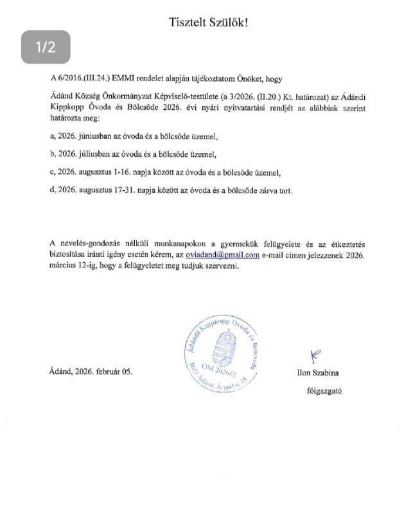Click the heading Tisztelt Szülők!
[x=207, y=22]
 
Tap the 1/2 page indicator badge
[x=46, y=46]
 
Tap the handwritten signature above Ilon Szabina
[x=315, y=353]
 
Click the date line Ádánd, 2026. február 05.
[x=90, y=372]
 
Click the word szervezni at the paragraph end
[x=220, y=267]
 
